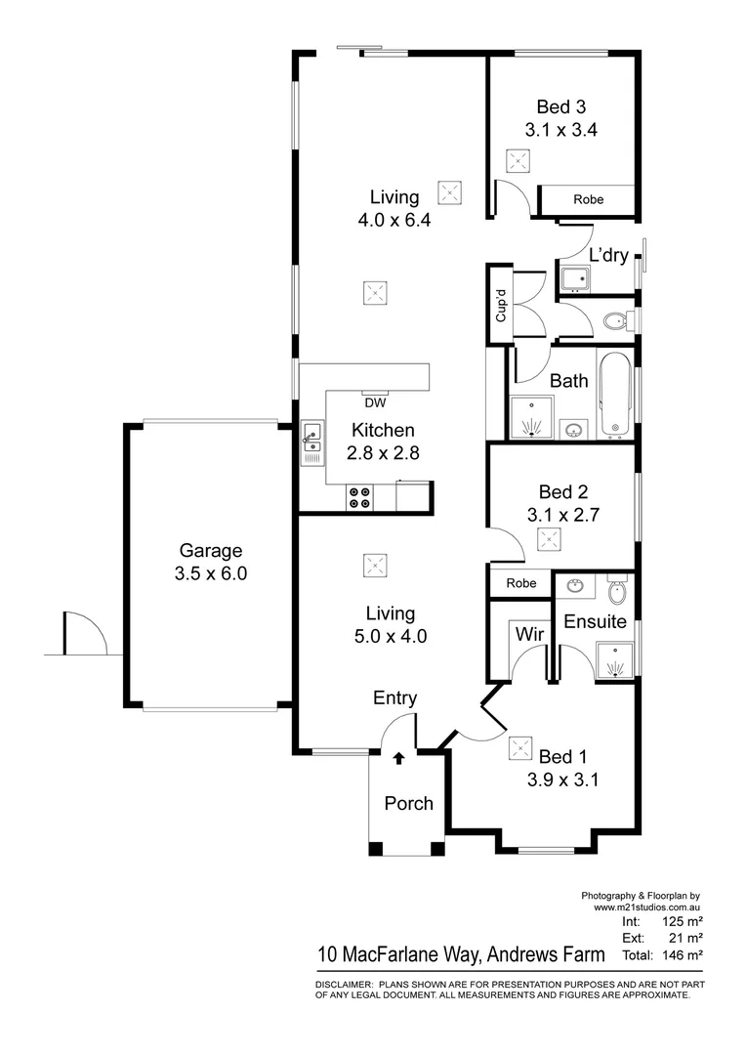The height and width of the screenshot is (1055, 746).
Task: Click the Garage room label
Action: click(210, 551)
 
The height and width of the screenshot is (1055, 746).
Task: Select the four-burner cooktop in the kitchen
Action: click(359, 498)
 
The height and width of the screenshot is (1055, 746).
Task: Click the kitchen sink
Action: click(311, 443)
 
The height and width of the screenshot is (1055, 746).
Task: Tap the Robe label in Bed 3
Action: click(588, 199)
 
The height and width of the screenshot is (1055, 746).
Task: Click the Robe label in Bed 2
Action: click(520, 583)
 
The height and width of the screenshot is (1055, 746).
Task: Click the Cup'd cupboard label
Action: click(500, 306)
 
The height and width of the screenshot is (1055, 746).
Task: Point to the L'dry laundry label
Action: click(607, 255)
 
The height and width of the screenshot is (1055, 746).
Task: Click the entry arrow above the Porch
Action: click(398, 757)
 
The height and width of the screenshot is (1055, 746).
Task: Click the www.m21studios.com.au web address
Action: click(647, 907)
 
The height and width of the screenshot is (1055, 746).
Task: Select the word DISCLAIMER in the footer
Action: click(343, 984)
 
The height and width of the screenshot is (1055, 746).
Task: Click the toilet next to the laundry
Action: click(613, 320)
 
